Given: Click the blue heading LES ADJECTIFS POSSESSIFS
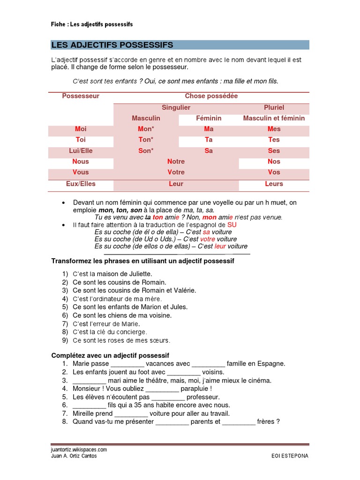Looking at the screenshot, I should (x=112, y=45).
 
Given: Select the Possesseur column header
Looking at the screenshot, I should (x=81, y=96).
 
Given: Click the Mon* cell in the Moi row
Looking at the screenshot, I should (x=146, y=129).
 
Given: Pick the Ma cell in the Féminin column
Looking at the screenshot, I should (x=209, y=129).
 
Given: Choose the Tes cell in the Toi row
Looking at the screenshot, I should (x=274, y=140).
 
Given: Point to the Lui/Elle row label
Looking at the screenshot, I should (x=81, y=151).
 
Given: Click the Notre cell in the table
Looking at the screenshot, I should (x=176, y=162).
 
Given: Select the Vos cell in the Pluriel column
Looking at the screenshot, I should (x=274, y=172).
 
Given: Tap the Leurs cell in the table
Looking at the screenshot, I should (x=274, y=184).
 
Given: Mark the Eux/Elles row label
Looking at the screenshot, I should (x=81, y=184).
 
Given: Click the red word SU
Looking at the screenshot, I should (x=232, y=225).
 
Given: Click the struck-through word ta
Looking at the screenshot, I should (x=148, y=217).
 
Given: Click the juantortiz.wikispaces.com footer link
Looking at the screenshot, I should (x=79, y=449).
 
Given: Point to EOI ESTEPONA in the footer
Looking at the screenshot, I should (x=290, y=456).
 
